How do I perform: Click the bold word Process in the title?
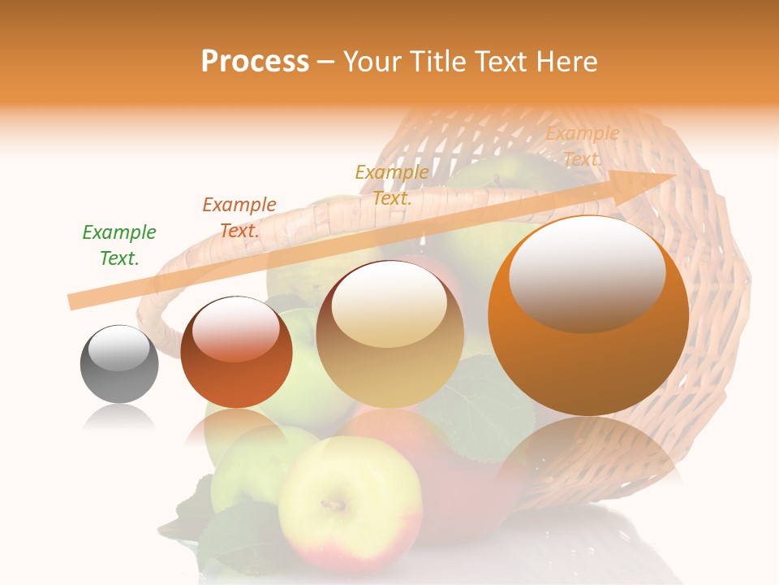pos(255,62)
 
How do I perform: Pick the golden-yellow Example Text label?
pos(392,185)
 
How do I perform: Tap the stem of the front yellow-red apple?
pos(332,505)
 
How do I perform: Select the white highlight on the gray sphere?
pos(118,347)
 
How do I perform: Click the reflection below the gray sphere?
pos(119,417)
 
